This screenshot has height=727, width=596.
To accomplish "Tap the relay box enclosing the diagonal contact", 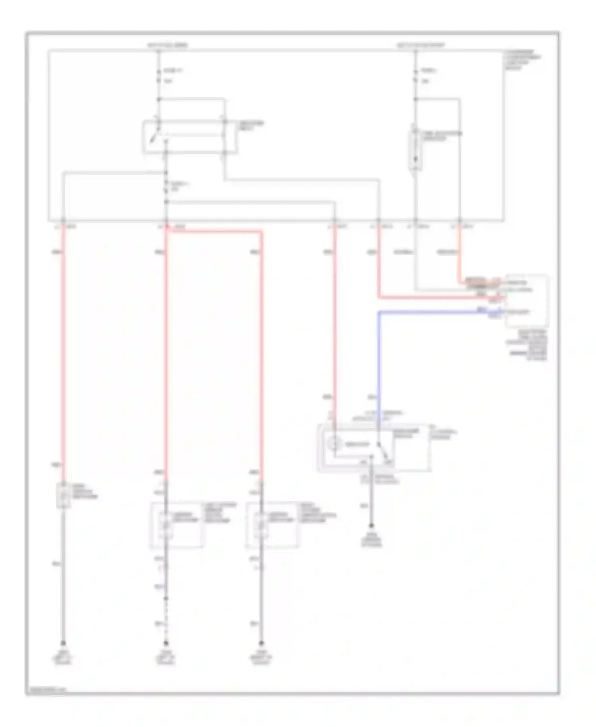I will [190, 137].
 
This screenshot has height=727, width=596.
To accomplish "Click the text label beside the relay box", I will [251, 126].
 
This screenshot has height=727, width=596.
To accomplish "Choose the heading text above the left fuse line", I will [167, 45].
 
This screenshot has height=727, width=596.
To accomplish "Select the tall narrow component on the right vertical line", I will [415, 148].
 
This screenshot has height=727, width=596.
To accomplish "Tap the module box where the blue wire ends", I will [527, 301].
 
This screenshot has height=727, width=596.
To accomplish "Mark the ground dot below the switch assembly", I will [372, 525].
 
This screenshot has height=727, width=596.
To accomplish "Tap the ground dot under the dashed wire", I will [166, 643].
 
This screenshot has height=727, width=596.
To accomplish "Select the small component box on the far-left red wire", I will [63, 495].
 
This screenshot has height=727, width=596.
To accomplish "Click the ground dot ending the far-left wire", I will [63, 643].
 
